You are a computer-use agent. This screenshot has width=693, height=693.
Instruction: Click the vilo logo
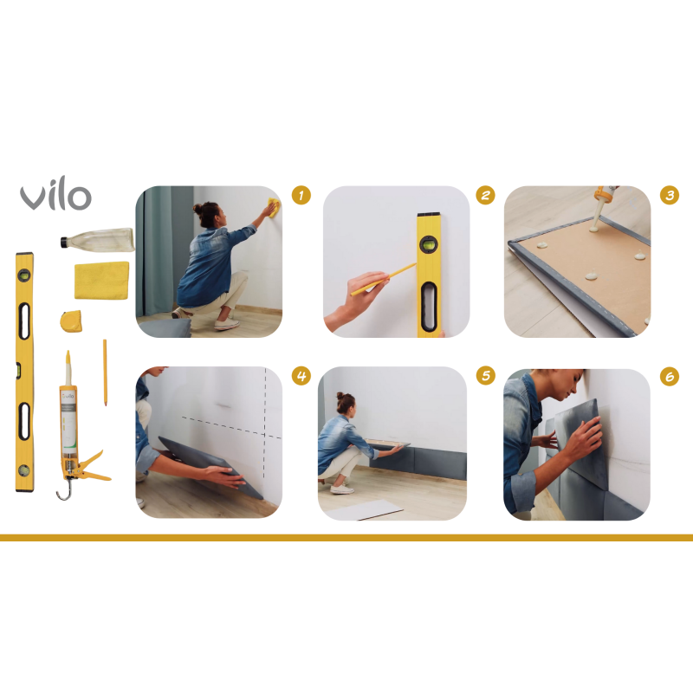[55, 198]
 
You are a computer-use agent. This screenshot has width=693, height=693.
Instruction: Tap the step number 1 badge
[301, 196]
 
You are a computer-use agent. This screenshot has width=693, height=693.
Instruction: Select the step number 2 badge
[485, 196]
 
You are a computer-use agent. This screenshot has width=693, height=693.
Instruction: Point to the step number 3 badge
[669, 196]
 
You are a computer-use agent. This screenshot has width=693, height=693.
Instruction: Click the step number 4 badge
[301, 376]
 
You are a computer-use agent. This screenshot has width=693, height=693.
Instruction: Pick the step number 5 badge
[485, 376]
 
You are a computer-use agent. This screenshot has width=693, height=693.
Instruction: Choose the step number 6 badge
[669, 376]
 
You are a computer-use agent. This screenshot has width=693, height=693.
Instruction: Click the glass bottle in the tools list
[97, 239]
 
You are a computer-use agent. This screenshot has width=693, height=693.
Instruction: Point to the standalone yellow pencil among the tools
[106, 372]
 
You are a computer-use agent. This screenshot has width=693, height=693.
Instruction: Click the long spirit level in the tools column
[24, 372]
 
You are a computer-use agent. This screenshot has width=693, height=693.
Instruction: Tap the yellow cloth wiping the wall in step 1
[274, 206]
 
